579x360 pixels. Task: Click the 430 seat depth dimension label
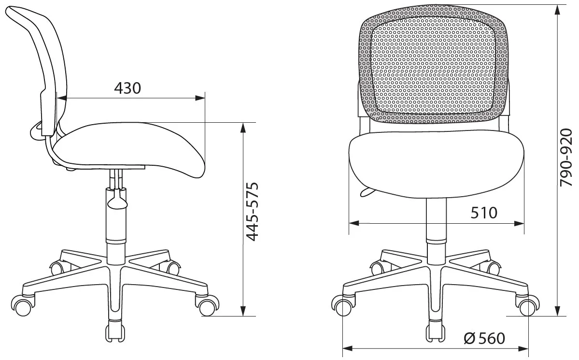point(127,88)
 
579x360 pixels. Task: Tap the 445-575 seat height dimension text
point(253,212)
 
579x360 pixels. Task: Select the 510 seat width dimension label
point(484,213)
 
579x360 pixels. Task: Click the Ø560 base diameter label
point(484,339)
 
